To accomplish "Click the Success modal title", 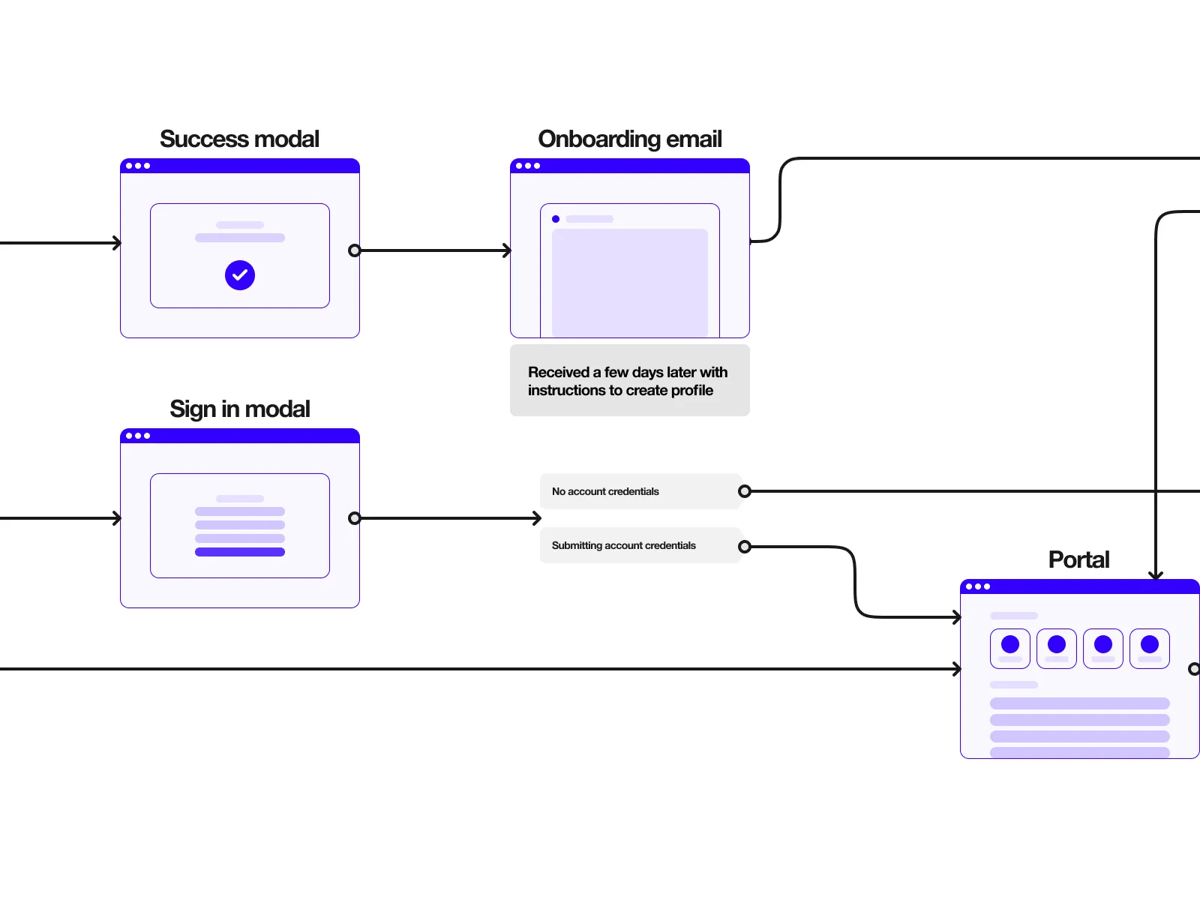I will pos(239,139).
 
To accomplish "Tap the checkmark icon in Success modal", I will pos(240,275).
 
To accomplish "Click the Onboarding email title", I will pos(629,139).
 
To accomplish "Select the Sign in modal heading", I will pos(239,409).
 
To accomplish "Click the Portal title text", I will pos(1078,560).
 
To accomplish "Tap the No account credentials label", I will pos(605,492).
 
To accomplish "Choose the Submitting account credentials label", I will pos(623,546).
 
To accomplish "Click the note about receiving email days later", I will pos(628,381).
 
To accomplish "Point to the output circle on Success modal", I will pos(355,250).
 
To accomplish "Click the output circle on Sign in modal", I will pos(355,518).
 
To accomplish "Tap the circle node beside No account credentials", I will pos(745,491).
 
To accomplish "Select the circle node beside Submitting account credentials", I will pos(745,547).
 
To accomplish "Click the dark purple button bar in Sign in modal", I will pos(240,552).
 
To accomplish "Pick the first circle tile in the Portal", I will pos(1010,648).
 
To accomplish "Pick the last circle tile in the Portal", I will pos(1150,648).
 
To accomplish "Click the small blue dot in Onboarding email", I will pos(556,219).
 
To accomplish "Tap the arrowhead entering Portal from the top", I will pos(1156,575).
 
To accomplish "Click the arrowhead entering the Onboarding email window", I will pos(507,250).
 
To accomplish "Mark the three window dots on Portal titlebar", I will pos(977,586).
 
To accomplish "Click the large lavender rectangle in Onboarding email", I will pos(630,282).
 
